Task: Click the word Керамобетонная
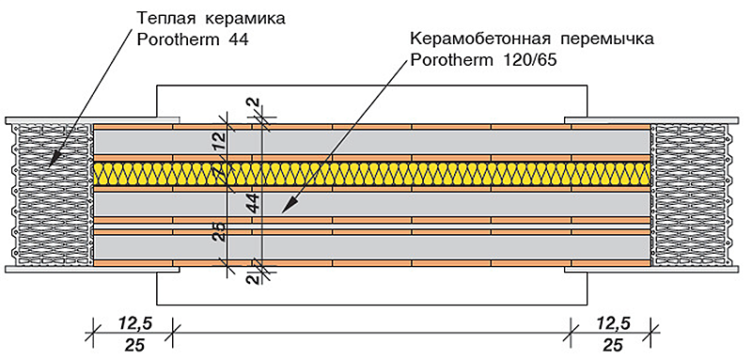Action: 481,39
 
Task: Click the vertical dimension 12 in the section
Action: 221,142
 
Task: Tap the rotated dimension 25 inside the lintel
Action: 221,233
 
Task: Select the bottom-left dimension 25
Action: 133,345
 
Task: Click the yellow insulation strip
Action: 371,173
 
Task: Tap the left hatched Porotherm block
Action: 52,195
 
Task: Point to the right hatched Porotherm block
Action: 692,195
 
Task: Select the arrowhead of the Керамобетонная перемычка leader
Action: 286,207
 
